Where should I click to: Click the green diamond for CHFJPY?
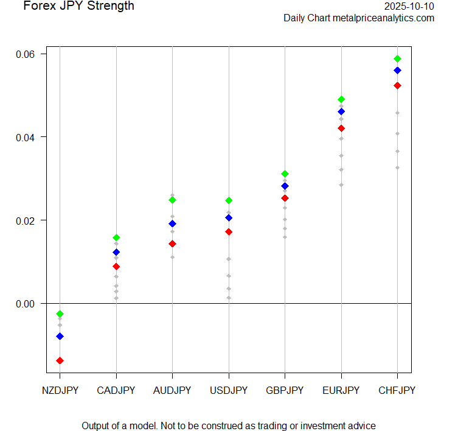(397, 58)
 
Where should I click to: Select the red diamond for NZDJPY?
(60, 360)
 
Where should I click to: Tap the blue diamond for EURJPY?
(341, 111)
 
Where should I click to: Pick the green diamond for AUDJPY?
(172, 200)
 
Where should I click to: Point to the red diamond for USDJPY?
(229, 232)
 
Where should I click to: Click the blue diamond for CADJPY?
(116, 252)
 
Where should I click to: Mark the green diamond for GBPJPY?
(285, 174)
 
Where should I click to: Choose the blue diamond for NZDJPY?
(60, 336)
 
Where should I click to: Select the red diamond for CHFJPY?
(397, 85)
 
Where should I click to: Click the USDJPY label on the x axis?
(229, 390)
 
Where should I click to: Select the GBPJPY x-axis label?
(285, 390)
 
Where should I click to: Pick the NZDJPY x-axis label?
(60, 390)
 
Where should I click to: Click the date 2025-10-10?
(409, 6)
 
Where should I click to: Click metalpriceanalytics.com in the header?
(384, 18)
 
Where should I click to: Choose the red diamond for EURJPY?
(341, 128)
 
